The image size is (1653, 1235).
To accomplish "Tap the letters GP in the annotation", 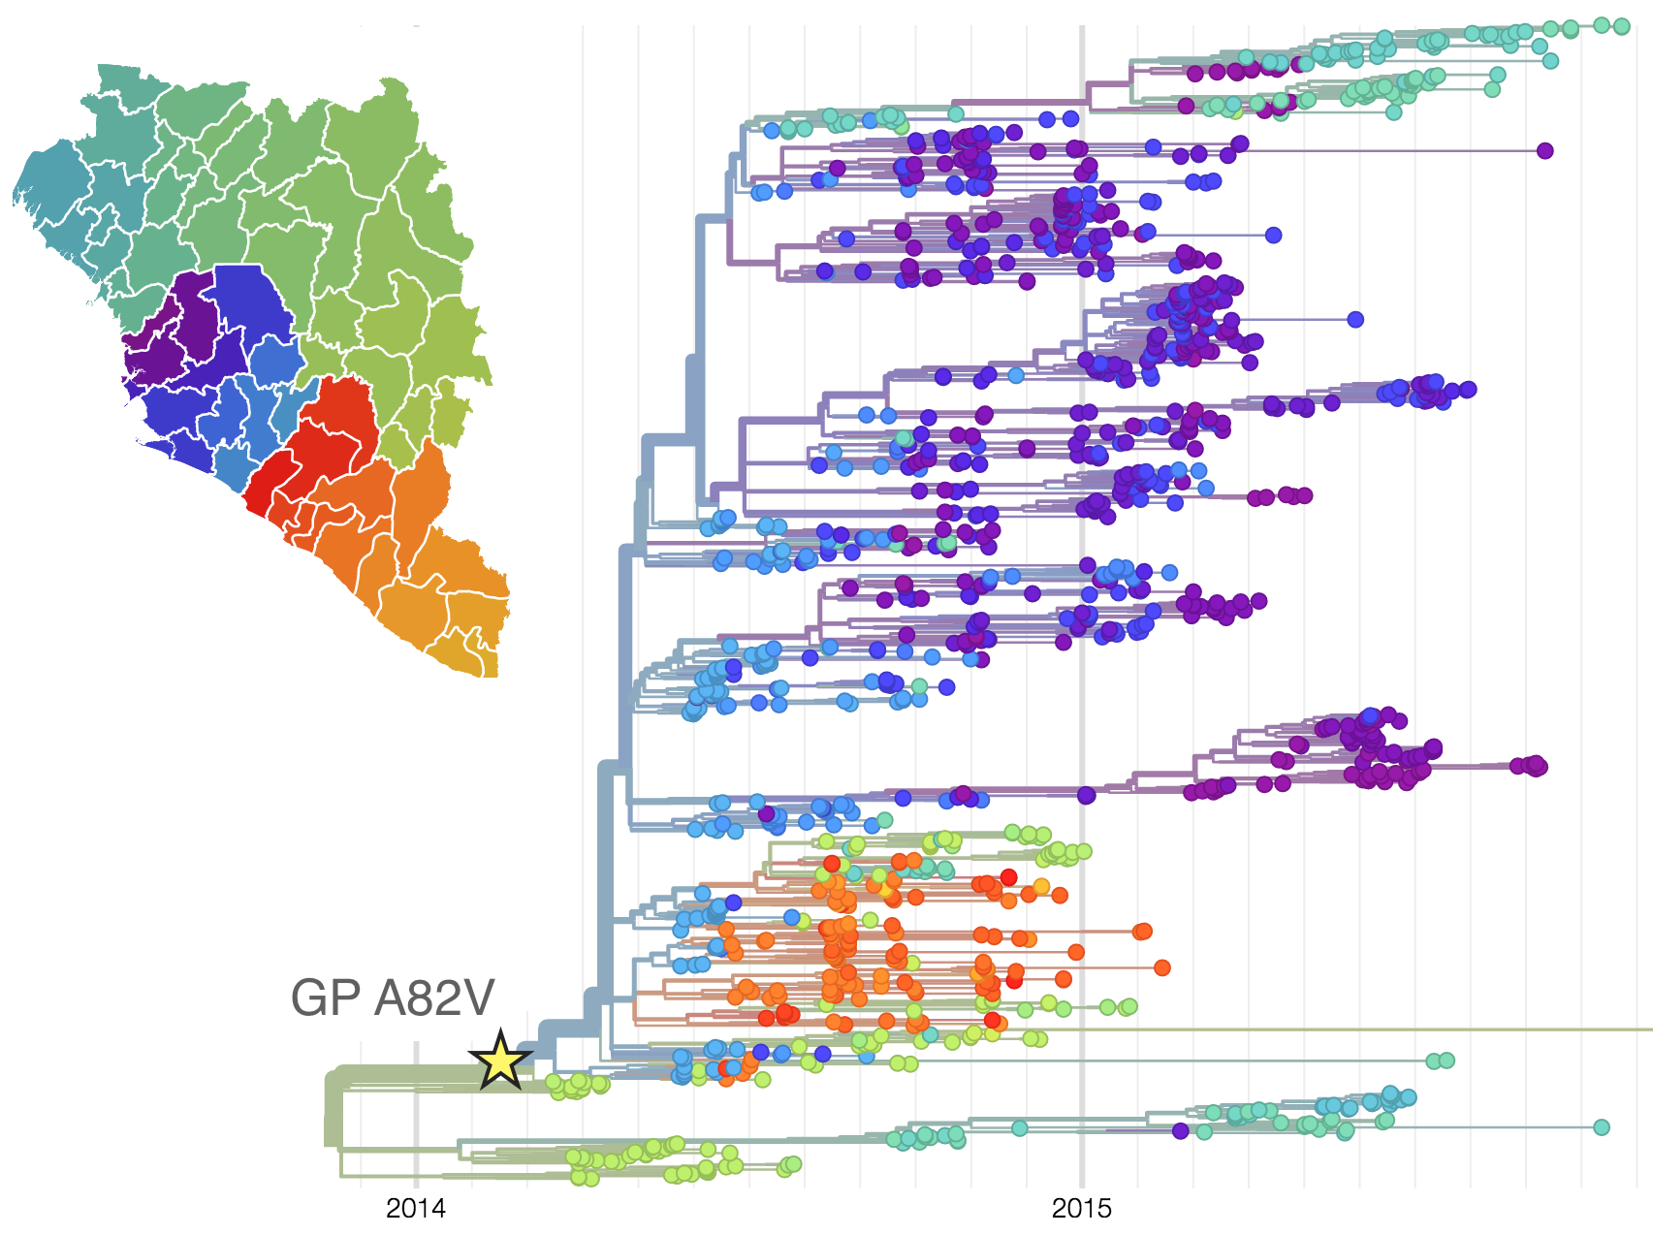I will tap(327, 998).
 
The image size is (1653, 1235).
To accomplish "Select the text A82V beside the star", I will tap(435, 998).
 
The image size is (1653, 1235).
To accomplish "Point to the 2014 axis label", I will tap(416, 1209).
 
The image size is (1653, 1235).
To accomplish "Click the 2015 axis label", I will tap(1082, 1209).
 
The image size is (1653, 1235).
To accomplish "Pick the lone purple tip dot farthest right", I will tap(1544, 150).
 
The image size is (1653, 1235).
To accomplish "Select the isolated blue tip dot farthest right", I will tap(1355, 319).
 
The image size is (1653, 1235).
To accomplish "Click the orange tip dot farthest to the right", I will tap(1162, 967).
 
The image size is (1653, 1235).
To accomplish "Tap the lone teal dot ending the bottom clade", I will tap(1602, 1127).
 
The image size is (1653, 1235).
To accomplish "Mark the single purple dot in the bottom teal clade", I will tap(1180, 1130).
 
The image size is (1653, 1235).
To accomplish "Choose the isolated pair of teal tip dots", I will tap(1440, 1061).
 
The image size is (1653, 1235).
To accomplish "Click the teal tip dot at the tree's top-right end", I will tap(1621, 26).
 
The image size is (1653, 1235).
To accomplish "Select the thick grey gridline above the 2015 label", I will tap(1082, 582).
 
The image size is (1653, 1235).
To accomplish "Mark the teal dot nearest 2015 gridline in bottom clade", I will tap(1019, 1127).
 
